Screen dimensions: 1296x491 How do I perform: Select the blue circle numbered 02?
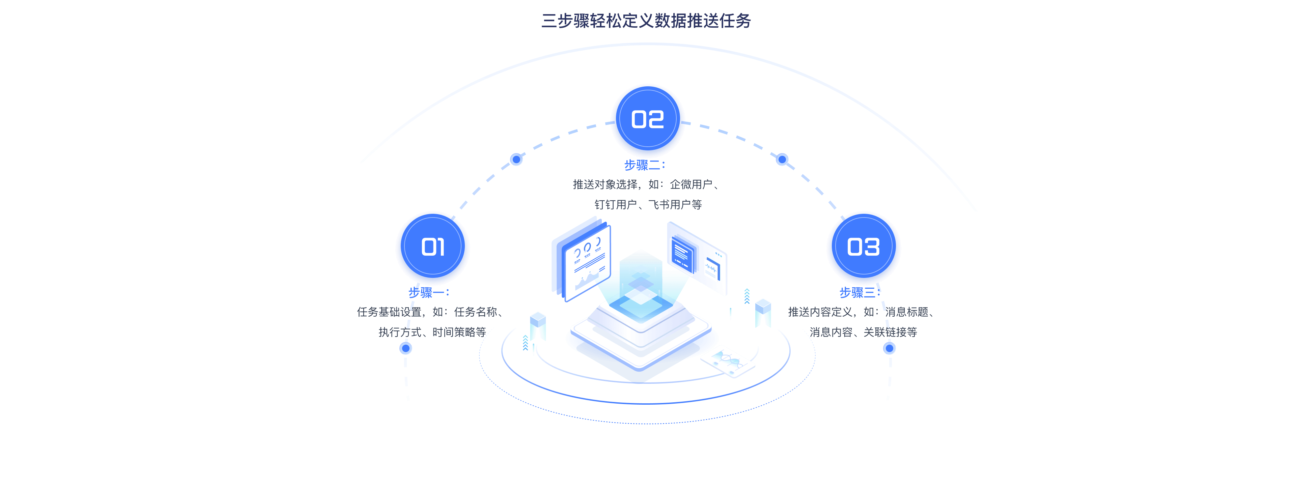[648, 119]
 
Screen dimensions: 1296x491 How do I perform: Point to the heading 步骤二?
[645, 165]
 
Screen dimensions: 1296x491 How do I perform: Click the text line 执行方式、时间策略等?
[432, 332]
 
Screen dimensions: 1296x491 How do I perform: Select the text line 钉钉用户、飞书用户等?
[648, 205]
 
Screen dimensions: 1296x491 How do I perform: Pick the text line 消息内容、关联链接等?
[863, 332]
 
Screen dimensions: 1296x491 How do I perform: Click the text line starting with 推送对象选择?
[648, 184]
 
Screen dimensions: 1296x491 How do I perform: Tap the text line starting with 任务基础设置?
[432, 312]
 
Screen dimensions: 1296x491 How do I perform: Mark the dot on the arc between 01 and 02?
[516, 160]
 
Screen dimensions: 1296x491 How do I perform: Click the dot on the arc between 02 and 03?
[782, 160]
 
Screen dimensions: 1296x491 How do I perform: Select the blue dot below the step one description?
[405, 348]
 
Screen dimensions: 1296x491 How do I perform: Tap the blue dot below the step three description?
[890, 348]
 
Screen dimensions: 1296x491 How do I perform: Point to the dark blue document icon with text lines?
[683, 255]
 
